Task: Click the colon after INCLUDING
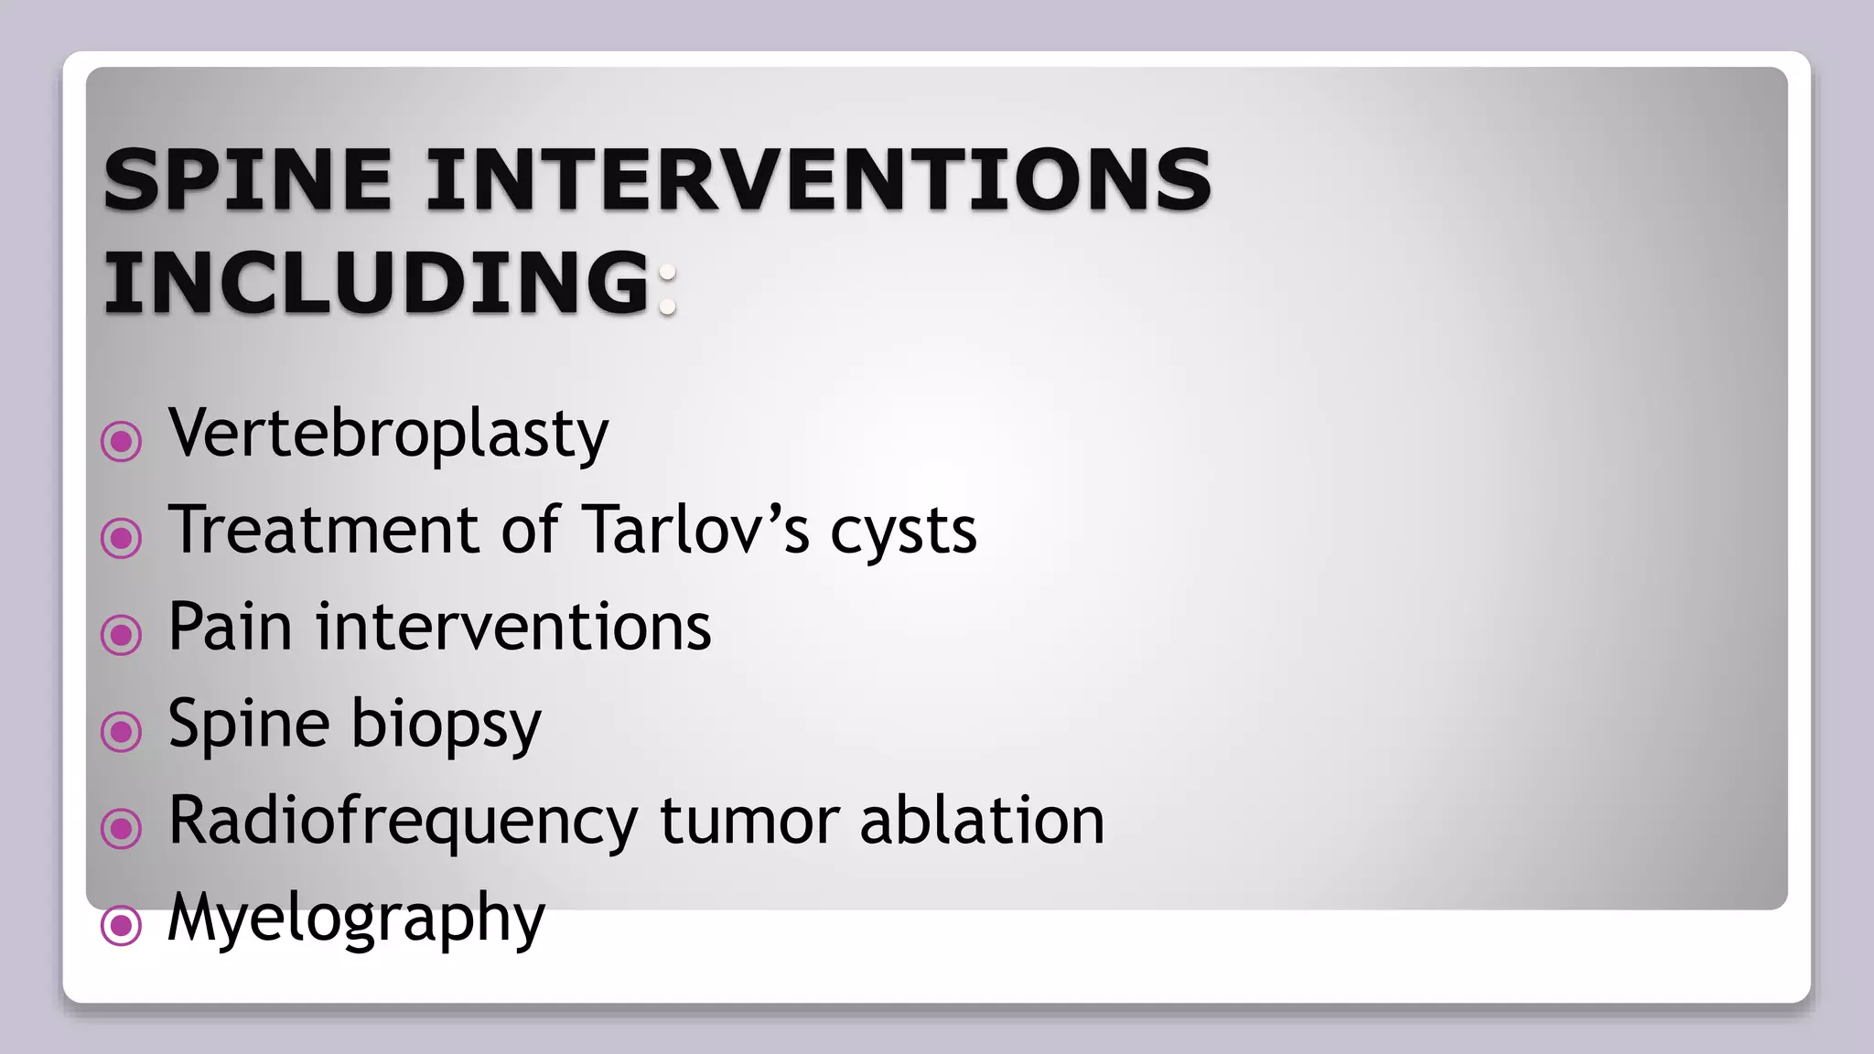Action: pyautogui.click(x=668, y=290)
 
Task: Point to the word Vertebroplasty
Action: pyautogui.click(x=388, y=434)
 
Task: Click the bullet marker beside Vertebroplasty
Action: pyautogui.click(x=121, y=442)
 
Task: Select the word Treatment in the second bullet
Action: pyautogui.click(x=324, y=530)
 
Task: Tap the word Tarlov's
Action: pyautogui.click(x=696, y=530)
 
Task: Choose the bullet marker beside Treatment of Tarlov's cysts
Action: pyautogui.click(x=121, y=538)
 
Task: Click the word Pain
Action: pyautogui.click(x=230, y=627)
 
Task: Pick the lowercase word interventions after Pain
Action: pyautogui.click(x=513, y=627)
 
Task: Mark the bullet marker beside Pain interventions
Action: pyautogui.click(x=121, y=635)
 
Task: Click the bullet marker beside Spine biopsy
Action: pyautogui.click(x=121, y=732)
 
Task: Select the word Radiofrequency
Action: pyautogui.click(x=403, y=823)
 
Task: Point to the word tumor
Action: pyautogui.click(x=749, y=821)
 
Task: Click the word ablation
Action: pyautogui.click(x=982, y=821)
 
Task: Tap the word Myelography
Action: pyautogui.click(x=356, y=919)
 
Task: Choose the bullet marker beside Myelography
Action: pyautogui.click(x=121, y=925)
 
